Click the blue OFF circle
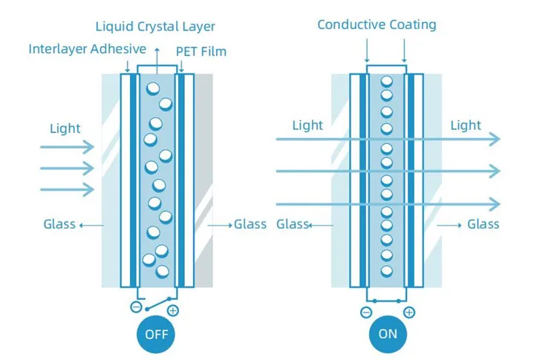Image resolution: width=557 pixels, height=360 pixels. [157, 333]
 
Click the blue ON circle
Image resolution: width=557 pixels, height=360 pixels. [388, 333]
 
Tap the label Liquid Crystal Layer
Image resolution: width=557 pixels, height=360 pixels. [155, 27]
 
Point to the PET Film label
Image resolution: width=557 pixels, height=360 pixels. [201, 51]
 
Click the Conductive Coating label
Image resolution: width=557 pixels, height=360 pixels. [377, 24]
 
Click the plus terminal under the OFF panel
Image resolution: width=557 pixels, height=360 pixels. [173, 310]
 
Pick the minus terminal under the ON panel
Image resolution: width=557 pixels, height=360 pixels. [366, 312]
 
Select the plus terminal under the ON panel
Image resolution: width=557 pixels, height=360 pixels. [408, 312]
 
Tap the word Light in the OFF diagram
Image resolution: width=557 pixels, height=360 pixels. [65, 128]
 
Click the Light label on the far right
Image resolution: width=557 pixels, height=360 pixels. [466, 125]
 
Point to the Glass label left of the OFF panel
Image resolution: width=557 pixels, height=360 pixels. [59, 223]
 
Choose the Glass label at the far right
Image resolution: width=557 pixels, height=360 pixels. [483, 223]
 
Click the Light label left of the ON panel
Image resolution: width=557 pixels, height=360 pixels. [307, 125]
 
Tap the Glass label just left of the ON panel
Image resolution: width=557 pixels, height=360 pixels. [292, 223]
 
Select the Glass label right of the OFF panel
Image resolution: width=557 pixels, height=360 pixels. [250, 223]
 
